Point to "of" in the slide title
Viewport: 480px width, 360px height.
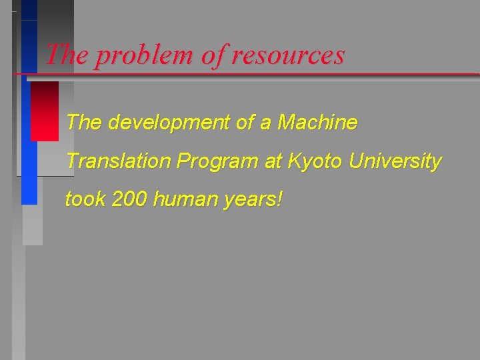[213, 55]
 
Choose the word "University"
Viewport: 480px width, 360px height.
[399, 162]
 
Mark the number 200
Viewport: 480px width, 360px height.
[129, 199]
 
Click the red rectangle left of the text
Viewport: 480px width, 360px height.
[45, 111]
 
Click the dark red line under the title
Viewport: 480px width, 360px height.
[267, 73]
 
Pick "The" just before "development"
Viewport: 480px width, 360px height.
[84, 123]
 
